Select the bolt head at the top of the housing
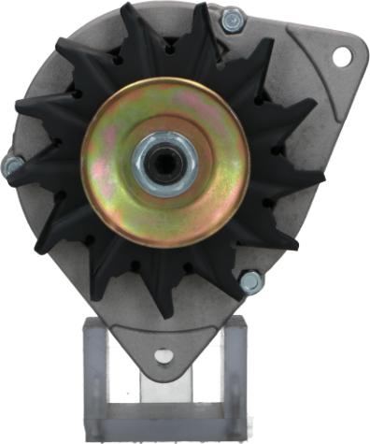pyautogui.click(x=231, y=18)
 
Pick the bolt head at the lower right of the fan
pyautogui.click(x=250, y=279)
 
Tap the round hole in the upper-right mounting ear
pyautogui.click(x=340, y=56)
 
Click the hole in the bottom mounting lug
pyautogui.click(x=164, y=355)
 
